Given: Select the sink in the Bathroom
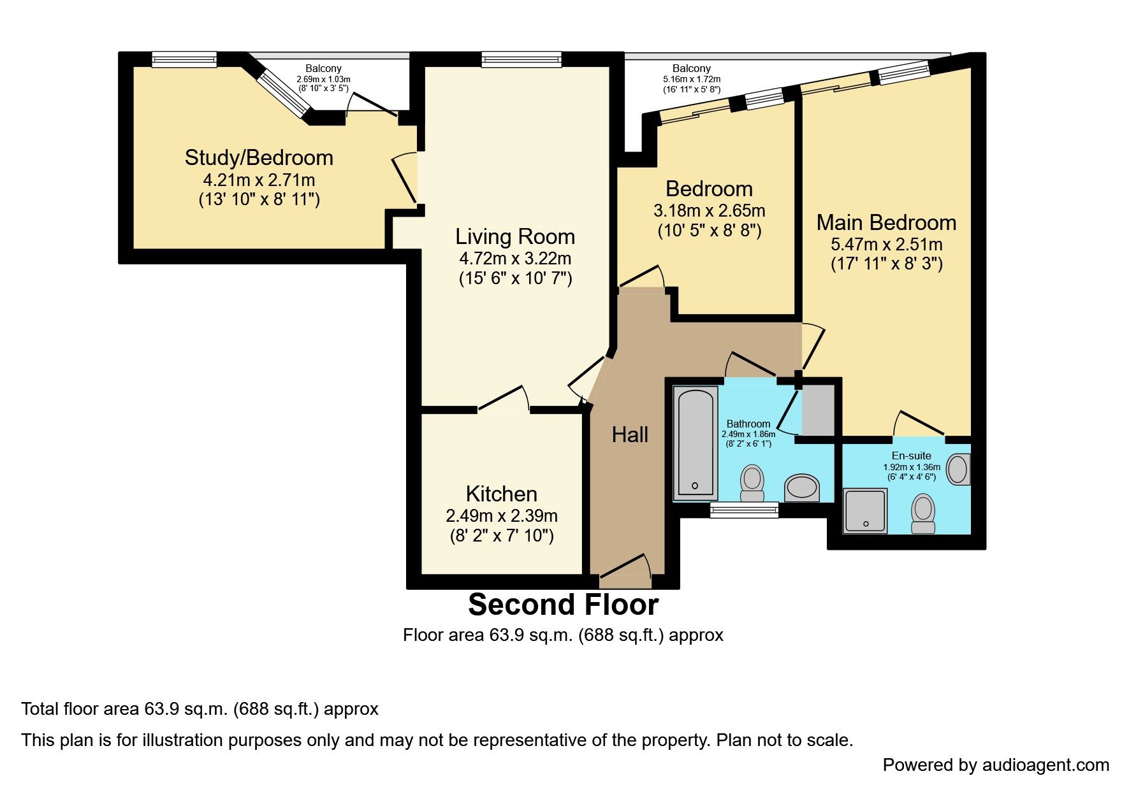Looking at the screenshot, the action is tap(802, 488).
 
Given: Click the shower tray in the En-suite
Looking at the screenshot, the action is tap(865, 510).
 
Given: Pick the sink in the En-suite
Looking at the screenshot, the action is tap(958, 470).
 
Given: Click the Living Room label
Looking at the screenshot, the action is tap(515, 237).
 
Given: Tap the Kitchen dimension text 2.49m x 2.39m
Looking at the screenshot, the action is tap(502, 515).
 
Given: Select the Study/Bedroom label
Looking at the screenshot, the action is tap(259, 158).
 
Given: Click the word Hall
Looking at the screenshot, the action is tap(630, 434).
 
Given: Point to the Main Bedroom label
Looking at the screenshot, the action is tap(887, 222).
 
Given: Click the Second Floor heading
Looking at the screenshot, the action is tap(564, 605).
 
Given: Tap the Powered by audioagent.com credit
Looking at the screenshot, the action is tap(996, 765).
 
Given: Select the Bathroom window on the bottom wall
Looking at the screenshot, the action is tap(745, 510).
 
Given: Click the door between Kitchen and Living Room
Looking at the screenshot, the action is tap(504, 399).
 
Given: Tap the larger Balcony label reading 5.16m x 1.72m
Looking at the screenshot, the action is tap(692, 78).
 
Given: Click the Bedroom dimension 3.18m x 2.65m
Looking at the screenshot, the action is tap(710, 210).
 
